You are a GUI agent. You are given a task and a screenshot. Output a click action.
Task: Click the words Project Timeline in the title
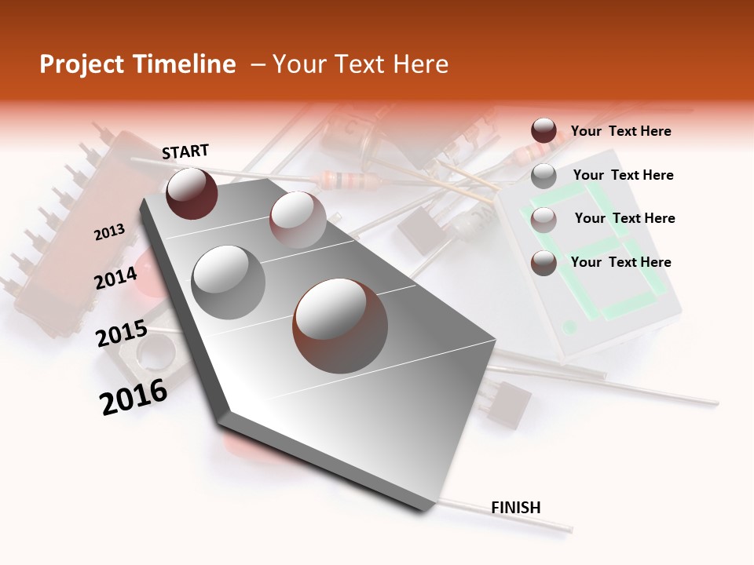click(137, 64)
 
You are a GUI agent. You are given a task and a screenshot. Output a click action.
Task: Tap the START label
click(185, 151)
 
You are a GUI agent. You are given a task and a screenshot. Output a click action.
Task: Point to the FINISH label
click(516, 508)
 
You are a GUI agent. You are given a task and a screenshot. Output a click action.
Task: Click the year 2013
click(109, 232)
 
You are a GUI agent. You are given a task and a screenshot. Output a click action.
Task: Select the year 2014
click(115, 278)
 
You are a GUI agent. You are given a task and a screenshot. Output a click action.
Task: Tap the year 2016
click(134, 397)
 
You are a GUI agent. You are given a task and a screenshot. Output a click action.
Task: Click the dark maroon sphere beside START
click(192, 193)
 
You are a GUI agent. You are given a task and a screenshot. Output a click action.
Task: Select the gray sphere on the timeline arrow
click(229, 282)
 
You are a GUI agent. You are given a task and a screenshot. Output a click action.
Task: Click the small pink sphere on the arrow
click(297, 219)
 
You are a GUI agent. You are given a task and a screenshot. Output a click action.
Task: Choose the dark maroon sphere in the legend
click(544, 131)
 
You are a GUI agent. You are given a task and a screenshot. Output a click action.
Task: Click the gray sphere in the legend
click(544, 176)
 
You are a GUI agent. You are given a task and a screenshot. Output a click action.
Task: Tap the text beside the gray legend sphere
click(623, 175)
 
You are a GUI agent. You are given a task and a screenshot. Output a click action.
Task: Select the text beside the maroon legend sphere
click(620, 131)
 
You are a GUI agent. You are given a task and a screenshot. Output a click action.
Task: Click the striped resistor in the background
click(345, 180)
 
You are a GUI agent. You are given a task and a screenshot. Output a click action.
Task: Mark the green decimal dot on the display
click(571, 326)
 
